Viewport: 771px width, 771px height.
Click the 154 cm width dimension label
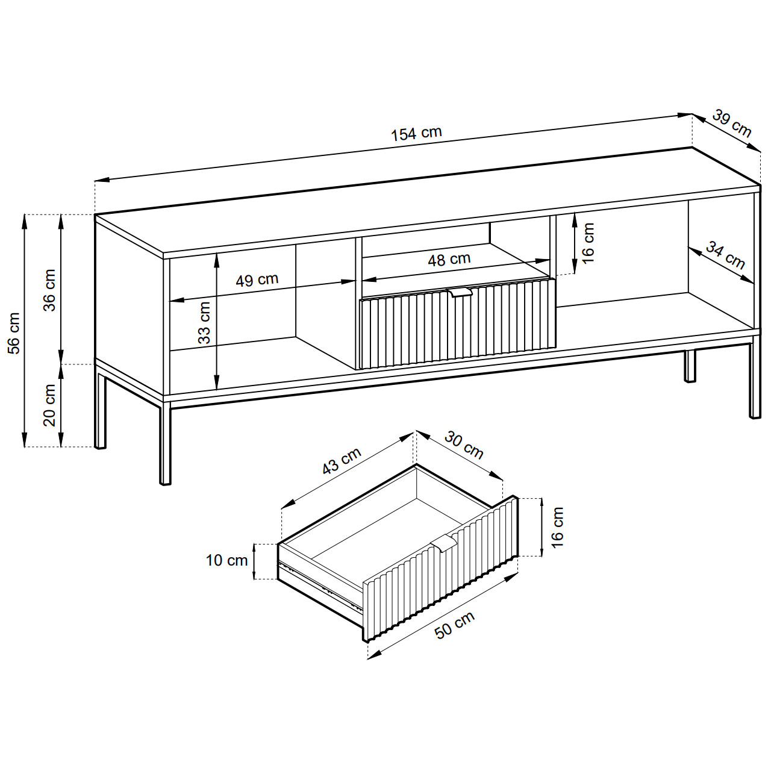point(416,134)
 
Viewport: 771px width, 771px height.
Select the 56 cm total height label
point(14,333)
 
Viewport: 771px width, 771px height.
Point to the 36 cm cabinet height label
point(49,290)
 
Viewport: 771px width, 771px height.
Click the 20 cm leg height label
point(49,405)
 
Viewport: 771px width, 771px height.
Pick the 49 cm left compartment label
point(257,279)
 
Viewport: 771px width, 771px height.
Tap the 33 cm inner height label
point(204,323)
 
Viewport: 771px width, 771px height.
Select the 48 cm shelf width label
point(449,260)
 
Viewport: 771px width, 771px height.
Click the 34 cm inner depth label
point(725,255)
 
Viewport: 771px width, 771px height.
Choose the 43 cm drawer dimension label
point(342,461)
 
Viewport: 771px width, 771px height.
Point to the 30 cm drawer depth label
point(464,445)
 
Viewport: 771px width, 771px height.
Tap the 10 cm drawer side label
point(227,561)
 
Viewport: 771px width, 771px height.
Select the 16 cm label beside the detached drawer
point(557,527)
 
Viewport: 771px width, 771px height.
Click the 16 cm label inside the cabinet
point(588,243)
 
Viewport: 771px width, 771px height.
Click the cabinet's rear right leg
point(689,366)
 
